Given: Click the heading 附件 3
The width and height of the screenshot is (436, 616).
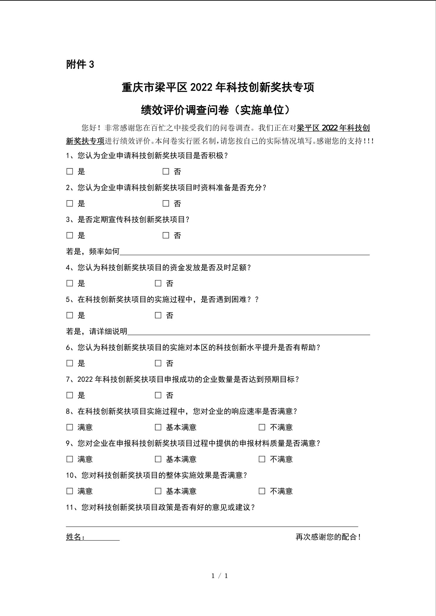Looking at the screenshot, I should (80, 64).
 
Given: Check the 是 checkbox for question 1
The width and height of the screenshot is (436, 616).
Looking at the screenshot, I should (70, 171).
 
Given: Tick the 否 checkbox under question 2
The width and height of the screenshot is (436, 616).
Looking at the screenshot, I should (166, 203).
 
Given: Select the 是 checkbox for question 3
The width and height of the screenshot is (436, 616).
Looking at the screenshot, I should (70, 235).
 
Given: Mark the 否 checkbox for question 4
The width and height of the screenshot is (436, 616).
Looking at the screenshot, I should (158, 283).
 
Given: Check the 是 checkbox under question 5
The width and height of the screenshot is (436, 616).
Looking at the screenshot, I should (70, 315).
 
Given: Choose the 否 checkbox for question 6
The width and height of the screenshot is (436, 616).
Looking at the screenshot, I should (158, 363).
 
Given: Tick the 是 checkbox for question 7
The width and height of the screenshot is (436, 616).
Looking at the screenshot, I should (70, 395).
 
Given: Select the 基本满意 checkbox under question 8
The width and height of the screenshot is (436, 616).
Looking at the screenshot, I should (158, 427).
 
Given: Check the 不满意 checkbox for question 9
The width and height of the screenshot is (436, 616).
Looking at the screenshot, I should (262, 459).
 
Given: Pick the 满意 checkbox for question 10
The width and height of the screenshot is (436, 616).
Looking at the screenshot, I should (70, 491).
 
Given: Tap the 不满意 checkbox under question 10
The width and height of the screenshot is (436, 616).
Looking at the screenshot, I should (262, 491).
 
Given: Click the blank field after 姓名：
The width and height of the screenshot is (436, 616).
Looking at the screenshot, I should (103, 537).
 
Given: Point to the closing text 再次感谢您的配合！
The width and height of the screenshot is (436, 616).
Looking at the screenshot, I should (328, 537).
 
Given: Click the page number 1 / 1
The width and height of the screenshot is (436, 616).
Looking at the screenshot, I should (220, 576).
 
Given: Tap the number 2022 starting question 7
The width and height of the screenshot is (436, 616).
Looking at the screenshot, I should (85, 379).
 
